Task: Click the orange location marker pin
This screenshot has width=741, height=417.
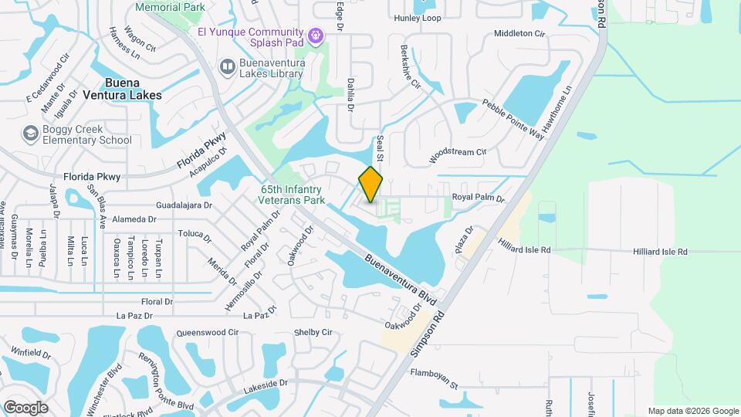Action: (x=370, y=185)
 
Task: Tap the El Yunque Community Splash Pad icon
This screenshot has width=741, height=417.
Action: (x=315, y=36)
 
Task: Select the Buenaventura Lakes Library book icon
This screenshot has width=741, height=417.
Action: (x=228, y=67)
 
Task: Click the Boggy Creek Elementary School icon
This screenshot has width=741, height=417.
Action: (x=31, y=134)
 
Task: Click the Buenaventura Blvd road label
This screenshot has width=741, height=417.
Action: (x=401, y=280)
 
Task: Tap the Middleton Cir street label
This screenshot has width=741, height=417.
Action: (x=519, y=34)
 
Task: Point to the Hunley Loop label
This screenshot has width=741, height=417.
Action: (x=417, y=18)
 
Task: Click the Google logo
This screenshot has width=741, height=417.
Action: (x=25, y=407)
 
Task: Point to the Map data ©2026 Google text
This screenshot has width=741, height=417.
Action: (x=692, y=411)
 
